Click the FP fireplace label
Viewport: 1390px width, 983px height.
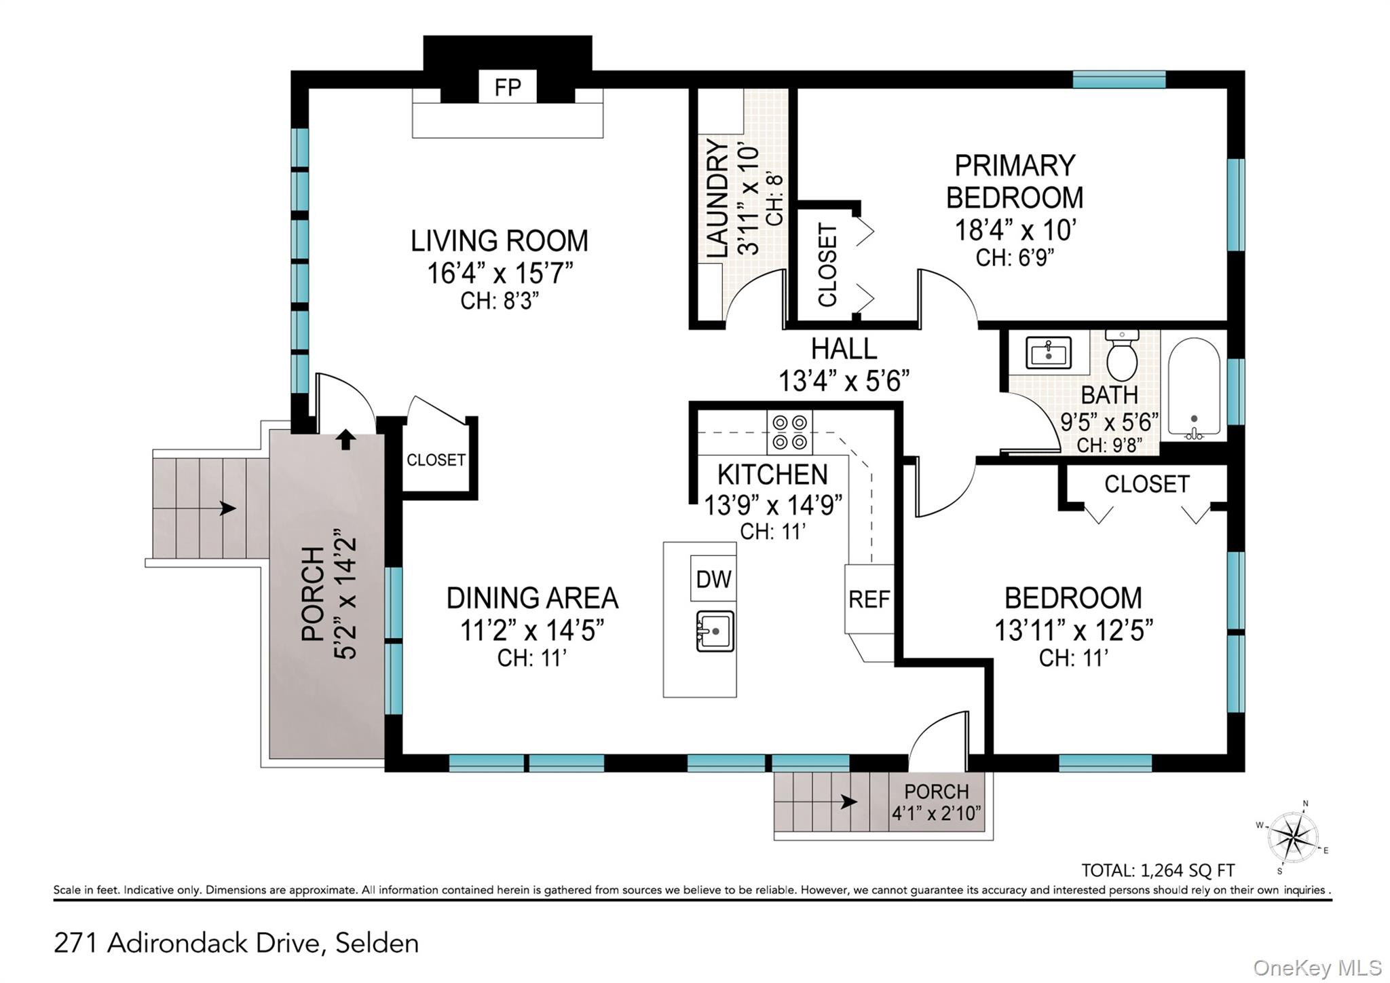pos(508,88)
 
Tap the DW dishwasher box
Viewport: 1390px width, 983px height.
pos(713,578)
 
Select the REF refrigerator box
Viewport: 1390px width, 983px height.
pos(869,599)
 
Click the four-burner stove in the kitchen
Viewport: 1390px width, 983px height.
pos(790,432)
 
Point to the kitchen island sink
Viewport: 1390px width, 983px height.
pos(715,631)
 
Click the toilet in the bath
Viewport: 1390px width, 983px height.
pos(1122,355)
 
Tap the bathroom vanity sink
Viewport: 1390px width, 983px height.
pos(1049,352)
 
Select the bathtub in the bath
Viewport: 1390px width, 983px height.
pos(1194,388)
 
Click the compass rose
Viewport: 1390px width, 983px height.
pos(1293,838)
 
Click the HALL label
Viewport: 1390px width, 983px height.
pos(844,349)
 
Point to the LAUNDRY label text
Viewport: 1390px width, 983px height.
pos(717,198)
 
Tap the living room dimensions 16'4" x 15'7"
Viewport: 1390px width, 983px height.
pos(500,273)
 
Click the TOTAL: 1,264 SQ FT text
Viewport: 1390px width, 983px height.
pos(1158,870)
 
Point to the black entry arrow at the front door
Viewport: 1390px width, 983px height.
pos(346,439)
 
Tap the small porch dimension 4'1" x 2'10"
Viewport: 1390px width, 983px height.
pos(937,813)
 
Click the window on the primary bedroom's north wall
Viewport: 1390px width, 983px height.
pos(1119,80)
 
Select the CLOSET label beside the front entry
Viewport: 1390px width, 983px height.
pos(436,460)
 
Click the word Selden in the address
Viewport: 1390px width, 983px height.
pos(377,943)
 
